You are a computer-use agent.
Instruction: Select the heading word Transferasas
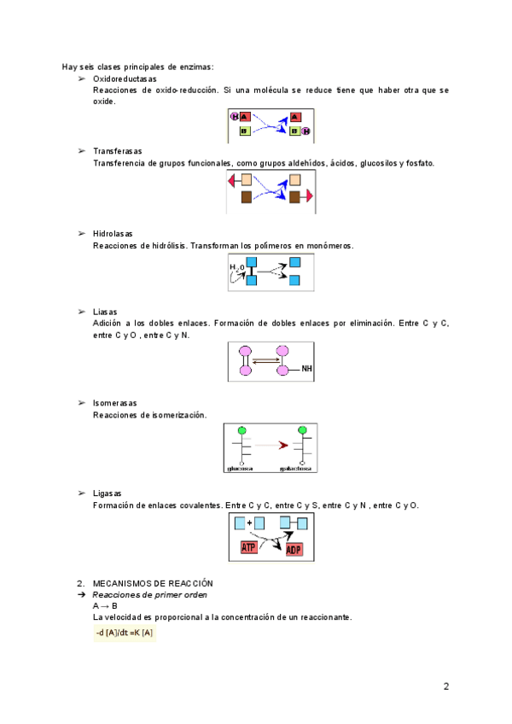coord(119,151)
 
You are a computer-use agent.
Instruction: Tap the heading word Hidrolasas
coord(113,234)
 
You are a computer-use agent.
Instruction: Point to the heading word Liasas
coord(105,312)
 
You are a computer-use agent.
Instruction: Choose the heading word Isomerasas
coord(114,403)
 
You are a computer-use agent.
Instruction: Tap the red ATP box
coord(248,546)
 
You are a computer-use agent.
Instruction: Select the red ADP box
coord(294,548)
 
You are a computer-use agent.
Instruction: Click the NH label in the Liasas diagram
coord(307,370)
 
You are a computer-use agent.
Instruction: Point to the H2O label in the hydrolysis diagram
coord(236,267)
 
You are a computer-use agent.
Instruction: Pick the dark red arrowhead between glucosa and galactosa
coord(283,445)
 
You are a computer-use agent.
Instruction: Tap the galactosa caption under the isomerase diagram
coord(295,468)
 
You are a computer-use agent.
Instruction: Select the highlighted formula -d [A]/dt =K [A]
coord(125,633)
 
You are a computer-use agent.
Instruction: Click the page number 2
coord(446,686)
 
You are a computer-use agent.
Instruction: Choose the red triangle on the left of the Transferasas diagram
coord(232,180)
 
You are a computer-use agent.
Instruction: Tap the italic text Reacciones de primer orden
coord(149,594)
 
